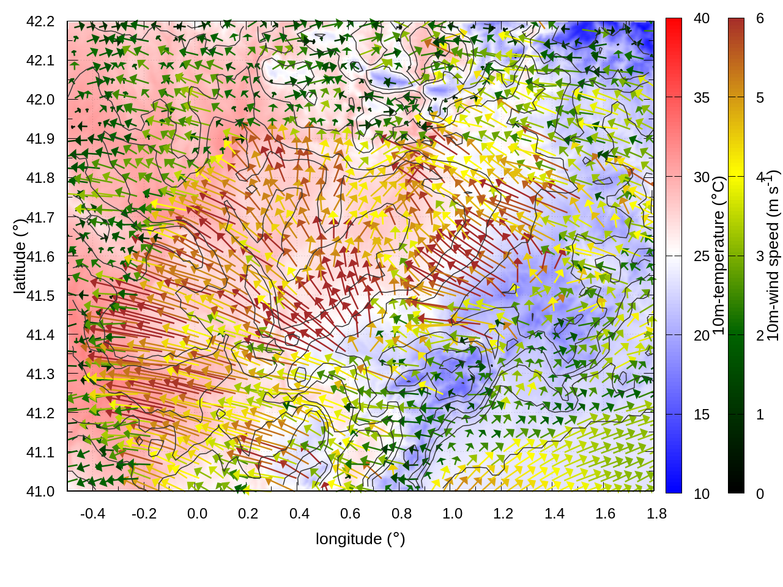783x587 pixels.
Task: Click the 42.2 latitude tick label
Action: (x=40, y=21)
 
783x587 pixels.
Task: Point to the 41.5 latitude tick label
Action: (x=40, y=296)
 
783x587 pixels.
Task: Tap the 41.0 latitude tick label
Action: (x=40, y=492)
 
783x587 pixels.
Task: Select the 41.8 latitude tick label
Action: (x=40, y=178)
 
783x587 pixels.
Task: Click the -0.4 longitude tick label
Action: (x=92, y=514)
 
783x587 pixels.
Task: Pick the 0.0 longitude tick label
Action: (x=197, y=514)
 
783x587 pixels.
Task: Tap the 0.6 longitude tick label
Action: (x=351, y=514)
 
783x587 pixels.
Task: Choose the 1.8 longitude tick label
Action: (x=657, y=514)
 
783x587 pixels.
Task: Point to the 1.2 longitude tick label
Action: (x=503, y=514)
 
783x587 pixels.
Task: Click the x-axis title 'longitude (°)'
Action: (x=360, y=539)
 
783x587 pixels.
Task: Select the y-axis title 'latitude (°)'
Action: (x=20, y=256)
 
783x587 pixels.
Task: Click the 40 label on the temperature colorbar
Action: (x=702, y=18)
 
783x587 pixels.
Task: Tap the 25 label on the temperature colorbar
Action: (x=702, y=256)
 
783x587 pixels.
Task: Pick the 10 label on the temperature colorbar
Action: (x=702, y=493)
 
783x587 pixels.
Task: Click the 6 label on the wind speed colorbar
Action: (x=760, y=18)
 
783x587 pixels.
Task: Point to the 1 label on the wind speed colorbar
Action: (x=760, y=415)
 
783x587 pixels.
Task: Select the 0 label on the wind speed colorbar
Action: (x=760, y=493)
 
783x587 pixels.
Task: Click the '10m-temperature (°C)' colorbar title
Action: (x=719, y=256)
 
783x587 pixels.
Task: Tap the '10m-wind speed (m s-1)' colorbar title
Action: (x=773, y=256)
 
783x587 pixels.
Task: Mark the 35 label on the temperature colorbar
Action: (x=702, y=98)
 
